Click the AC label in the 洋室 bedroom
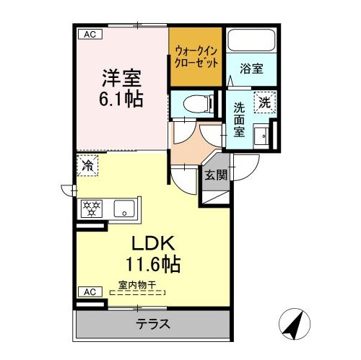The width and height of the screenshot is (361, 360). (x=90, y=34)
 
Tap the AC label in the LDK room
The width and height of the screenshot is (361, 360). (x=90, y=292)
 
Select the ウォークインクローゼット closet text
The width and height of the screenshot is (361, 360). (x=196, y=57)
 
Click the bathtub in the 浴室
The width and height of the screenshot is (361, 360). (x=251, y=40)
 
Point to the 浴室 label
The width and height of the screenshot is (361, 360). (x=251, y=69)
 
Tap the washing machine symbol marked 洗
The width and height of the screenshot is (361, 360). (x=265, y=102)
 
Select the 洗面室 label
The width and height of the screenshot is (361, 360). (x=239, y=120)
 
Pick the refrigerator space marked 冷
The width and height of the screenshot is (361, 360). (x=87, y=165)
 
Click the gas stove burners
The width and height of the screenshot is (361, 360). (x=92, y=208)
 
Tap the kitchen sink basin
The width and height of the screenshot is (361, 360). (x=124, y=208)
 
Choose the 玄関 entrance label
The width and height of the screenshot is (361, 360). (x=216, y=175)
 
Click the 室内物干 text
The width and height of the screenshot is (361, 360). (x=137, y=285)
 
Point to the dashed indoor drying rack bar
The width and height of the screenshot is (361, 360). (x=137, y=293)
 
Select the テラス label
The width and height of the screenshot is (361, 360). (x=153, y=324)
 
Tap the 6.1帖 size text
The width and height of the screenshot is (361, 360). (x=121, y=99)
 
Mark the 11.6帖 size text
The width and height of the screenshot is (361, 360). (x=153, y=264)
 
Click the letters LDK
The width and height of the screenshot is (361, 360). (x=153, y=243)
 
